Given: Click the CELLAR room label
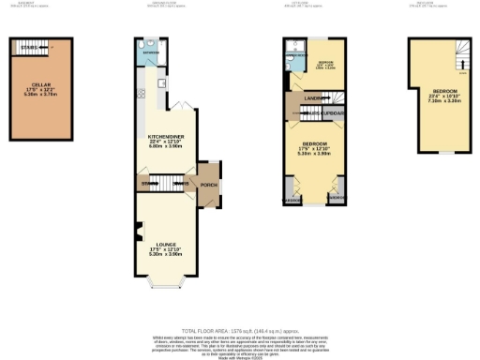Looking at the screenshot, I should tap(40, 83).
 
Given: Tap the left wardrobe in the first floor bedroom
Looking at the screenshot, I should tap(291, 199).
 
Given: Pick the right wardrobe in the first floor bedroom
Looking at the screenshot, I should tap(336, 199).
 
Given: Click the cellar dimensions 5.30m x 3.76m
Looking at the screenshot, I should tap(40, 96).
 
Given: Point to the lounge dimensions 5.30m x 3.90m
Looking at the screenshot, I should tap(165, 254).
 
